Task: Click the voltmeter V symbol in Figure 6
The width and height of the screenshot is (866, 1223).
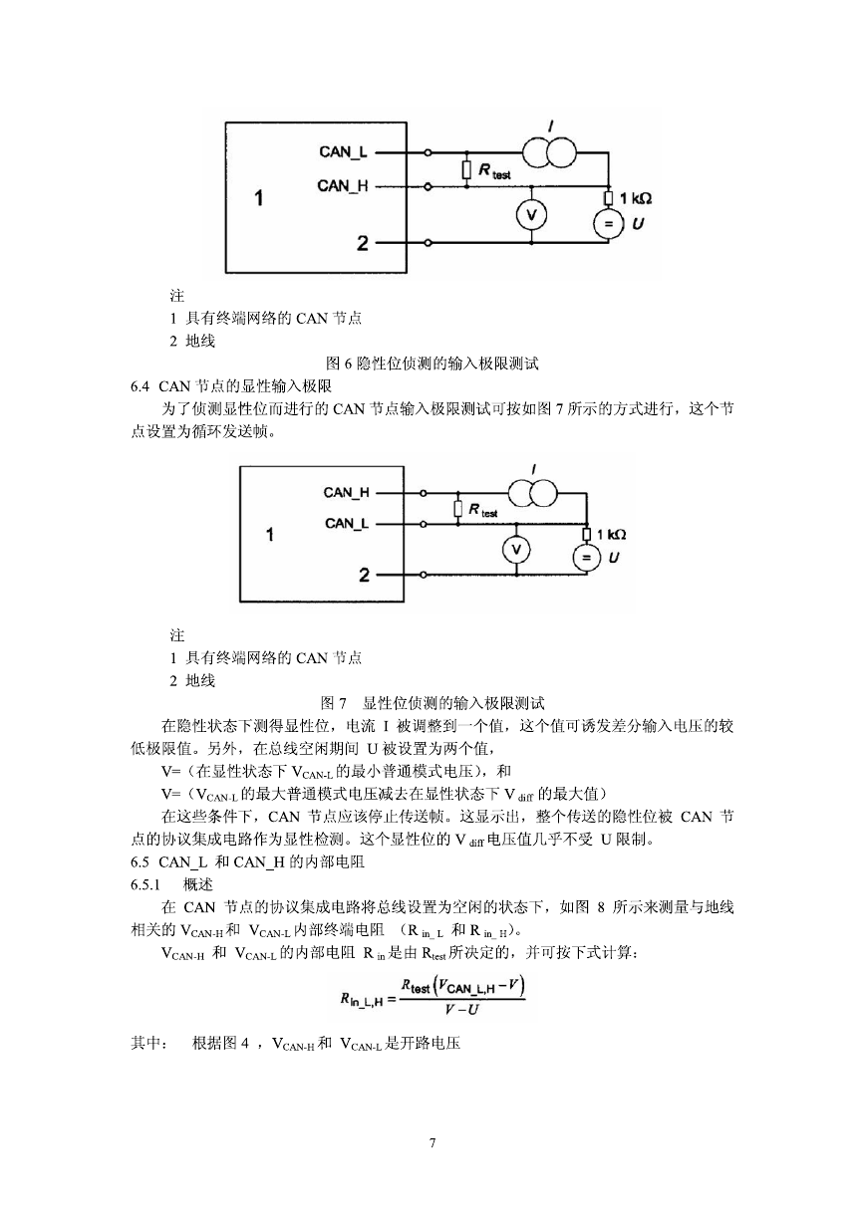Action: (531, 215)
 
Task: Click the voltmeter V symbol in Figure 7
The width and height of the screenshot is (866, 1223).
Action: (516, 550)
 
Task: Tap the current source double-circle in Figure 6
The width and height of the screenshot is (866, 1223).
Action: (548, 152)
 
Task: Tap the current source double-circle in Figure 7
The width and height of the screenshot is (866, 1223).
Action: (533, 494)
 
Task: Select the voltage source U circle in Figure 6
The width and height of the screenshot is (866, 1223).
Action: (608, 224)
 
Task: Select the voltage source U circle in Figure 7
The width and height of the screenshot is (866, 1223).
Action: (586, 558)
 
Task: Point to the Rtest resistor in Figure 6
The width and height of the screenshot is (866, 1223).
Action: (466, 169)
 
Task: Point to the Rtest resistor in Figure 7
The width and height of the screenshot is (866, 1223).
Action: (457, 509)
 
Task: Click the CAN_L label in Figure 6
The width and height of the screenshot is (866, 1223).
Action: (343, 151)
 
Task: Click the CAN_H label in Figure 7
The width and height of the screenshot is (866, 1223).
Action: (347, 492)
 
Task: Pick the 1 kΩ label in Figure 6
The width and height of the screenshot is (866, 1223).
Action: (636, 197)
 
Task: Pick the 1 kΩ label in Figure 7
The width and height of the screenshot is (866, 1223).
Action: (612, 534)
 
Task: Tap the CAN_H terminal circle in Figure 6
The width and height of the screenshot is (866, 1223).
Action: (428, 186)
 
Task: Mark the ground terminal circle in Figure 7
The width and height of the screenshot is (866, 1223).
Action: (423, 575)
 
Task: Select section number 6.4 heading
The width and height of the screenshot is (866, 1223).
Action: (140, 386)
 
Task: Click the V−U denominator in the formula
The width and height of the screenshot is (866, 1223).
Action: (461, 1010)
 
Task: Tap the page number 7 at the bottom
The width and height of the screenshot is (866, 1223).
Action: (433, 1143)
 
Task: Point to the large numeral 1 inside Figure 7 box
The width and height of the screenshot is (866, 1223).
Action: (269, 534)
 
